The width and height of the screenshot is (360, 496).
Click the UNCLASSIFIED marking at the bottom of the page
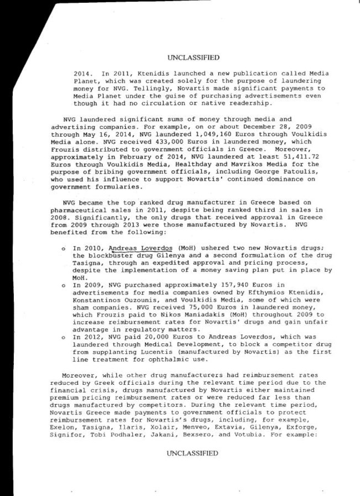[192, 453]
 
